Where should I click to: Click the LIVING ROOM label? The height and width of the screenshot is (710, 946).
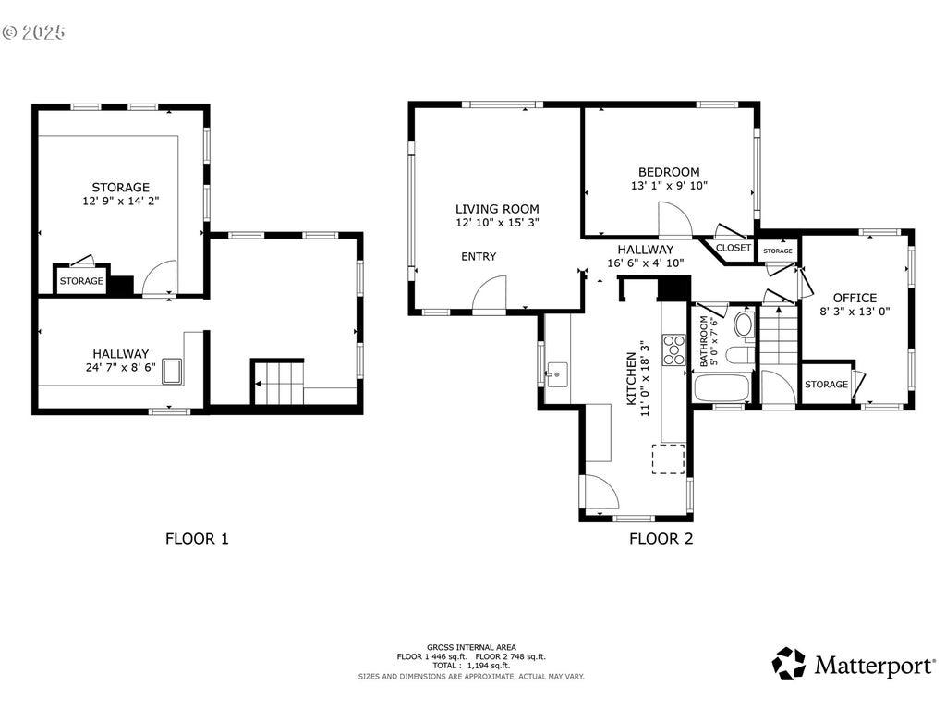(497, 209)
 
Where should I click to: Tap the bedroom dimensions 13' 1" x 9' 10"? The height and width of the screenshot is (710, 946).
(669, 186)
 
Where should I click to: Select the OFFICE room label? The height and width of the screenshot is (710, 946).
(855, 298)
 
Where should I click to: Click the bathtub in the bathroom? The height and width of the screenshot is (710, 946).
(722, 387)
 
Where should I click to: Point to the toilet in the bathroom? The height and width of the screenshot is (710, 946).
(745, 324)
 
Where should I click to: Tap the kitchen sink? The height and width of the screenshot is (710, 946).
(557, 374)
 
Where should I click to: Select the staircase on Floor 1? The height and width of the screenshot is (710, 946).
(277, 383)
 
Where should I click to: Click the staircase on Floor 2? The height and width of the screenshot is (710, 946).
(778, 336)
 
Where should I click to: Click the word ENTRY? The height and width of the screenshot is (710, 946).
(479, 257)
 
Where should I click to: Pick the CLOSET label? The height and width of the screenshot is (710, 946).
(733, 248)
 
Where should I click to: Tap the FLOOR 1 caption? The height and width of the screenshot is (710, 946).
(198, 539)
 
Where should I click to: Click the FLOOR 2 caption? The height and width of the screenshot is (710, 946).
(661, 539)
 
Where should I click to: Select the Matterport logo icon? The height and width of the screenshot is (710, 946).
(789, 664)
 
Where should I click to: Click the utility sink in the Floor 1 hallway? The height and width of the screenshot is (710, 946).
(172, 372)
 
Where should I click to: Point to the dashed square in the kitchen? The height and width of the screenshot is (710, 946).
(669, 459)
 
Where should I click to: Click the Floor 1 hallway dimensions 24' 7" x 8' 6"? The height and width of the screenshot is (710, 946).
(121, 367)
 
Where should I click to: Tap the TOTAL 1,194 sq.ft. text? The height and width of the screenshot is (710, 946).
(471, 666)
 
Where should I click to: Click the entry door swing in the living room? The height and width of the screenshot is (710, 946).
(490, 295)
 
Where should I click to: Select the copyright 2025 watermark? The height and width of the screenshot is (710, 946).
(34, 32)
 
